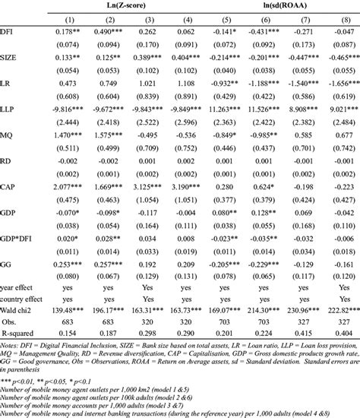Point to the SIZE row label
coord(11,58)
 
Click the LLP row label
coord(9,109)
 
